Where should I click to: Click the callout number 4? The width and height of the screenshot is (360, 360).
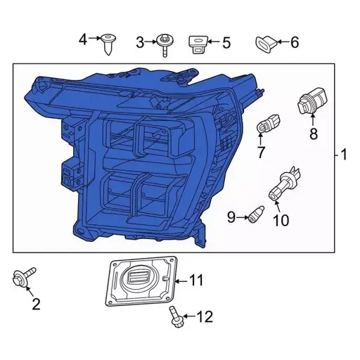click(83, 39)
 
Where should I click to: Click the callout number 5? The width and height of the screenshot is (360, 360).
click(226, 43)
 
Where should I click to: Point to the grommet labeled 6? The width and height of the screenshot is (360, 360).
click(266, 44)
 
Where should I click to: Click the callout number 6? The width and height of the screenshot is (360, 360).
click(294, 43)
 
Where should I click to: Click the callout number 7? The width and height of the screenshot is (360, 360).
click(261, 151)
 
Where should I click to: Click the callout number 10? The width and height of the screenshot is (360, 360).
click(280, 221)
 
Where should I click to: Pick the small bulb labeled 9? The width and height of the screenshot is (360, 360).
click(256, 214)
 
